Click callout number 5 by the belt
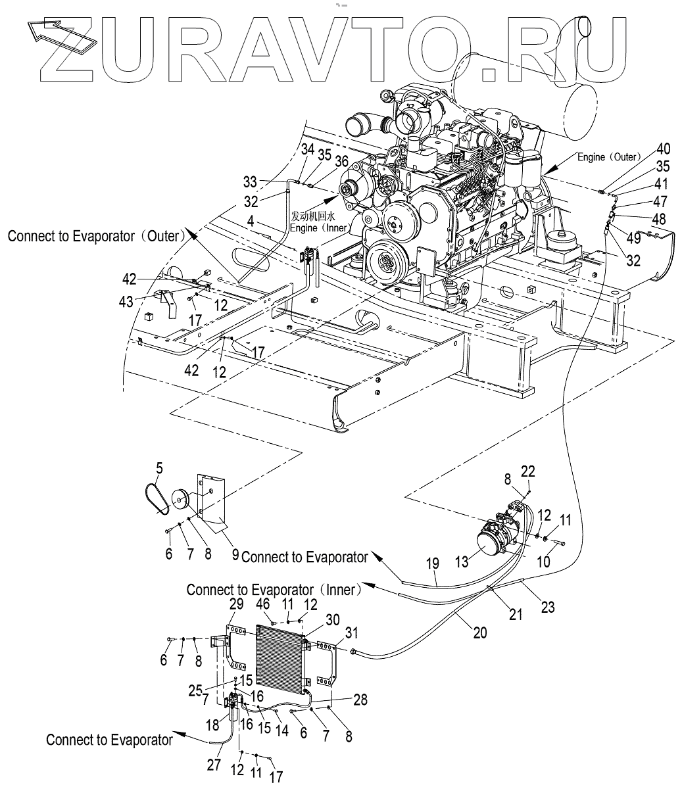[x=158, y=469]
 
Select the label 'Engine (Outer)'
[x=609, y=157]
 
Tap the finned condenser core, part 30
[x=280, y=657]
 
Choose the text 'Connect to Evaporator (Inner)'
[x=274, y=590]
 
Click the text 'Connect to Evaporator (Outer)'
[x=94, y=235]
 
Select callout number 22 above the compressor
[x=528, y=471]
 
